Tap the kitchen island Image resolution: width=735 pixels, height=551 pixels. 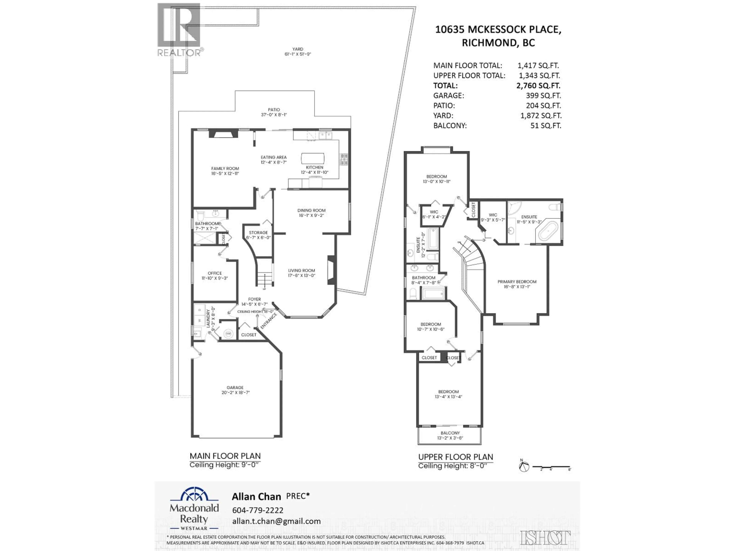coord(312,158)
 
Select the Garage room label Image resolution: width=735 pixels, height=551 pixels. coord(235,388)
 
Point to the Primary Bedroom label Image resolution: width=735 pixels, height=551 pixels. coord(517,282)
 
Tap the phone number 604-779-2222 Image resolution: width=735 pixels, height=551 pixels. coord(257,510)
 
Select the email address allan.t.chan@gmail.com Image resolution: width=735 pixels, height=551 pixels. coord(276,521)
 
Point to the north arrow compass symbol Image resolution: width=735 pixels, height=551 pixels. coord(524,467)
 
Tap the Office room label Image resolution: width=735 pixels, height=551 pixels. coord(215,273)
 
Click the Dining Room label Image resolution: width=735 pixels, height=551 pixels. coord(311,210)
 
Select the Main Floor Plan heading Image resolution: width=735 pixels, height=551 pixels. coord(225,456)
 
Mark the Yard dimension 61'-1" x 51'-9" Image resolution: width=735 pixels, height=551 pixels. coord(297,54)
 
